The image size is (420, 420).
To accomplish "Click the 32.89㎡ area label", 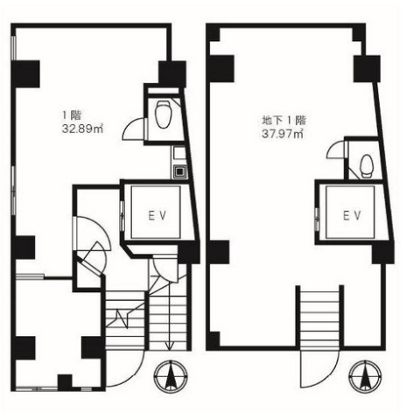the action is pyautogui.click(x=83, y=129).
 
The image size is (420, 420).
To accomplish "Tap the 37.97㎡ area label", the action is pyautogui.click(x=283, y=134).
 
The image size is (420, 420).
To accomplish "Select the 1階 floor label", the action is pyautogui.click(x=72, y=115).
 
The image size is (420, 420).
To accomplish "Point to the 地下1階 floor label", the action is pyautogui.click(x=284, y=120).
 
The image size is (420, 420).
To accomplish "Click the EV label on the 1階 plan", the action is pyautogui.click(x=157, y=215).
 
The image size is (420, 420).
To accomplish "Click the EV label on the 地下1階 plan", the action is pyautogui.click(x=352, y=215).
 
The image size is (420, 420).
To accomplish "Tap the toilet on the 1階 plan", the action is pyautogui.click(x=163, y=115).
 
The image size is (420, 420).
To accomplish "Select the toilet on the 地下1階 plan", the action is pyautogui.click(x=367, y=166).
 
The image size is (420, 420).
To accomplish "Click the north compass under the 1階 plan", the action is pyautogui.click(x=171, y=375).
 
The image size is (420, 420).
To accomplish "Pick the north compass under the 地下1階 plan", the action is pyautogui.click(x=366, y=375).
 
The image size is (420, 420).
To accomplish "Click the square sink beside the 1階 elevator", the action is pyautogui.click(x=178, y=171).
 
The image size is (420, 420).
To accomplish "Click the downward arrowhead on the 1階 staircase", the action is pyautogui.click(x=170, y=346).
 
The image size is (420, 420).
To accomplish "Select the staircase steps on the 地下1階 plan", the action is pyautogui.click(x=320, y=318).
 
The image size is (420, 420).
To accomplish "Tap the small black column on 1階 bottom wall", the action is pyautogui.click(x=65, y=382).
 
